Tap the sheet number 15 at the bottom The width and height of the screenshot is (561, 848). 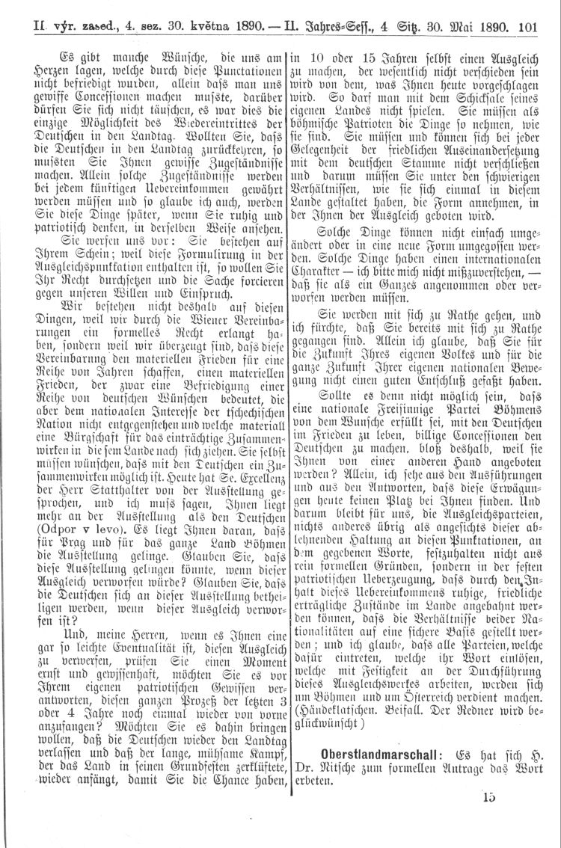pos(489,797)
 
